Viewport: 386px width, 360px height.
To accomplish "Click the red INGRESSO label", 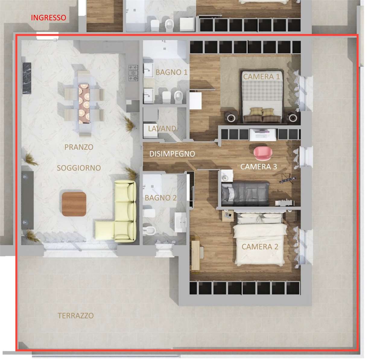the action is pos(49,18).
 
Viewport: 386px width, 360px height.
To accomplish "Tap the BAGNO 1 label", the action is pos(171,72).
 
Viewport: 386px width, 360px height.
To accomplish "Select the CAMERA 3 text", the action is pos(258,167).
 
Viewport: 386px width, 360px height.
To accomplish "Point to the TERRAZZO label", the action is pos(76,315).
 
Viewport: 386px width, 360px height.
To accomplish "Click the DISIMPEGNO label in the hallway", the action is pos(172,154).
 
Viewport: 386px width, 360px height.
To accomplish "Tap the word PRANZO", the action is pos(79,147).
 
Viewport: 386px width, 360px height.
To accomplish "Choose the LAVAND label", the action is pos(162,128).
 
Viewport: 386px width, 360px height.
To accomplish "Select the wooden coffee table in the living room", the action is pos(74,204).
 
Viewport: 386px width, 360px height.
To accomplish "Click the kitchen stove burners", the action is pos(133,73).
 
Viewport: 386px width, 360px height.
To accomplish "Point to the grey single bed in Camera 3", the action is pos(245,194).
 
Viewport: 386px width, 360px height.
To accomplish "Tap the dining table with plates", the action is pos(84,103).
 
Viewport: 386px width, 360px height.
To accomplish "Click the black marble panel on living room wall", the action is pos(27,78).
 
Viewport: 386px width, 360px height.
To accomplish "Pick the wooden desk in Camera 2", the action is pos(195,252).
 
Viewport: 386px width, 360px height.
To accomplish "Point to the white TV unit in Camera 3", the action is pos(263,135).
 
